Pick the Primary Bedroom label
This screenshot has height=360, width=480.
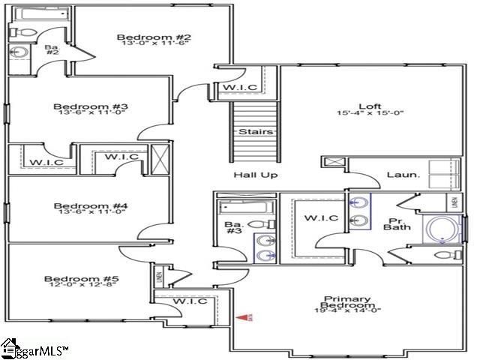[x=346, y=301]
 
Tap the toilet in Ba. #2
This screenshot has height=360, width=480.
[x=20, y=33]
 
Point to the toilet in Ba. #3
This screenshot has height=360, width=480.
[x=257, y=224]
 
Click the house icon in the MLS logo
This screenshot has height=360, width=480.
[x=10, y=346]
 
